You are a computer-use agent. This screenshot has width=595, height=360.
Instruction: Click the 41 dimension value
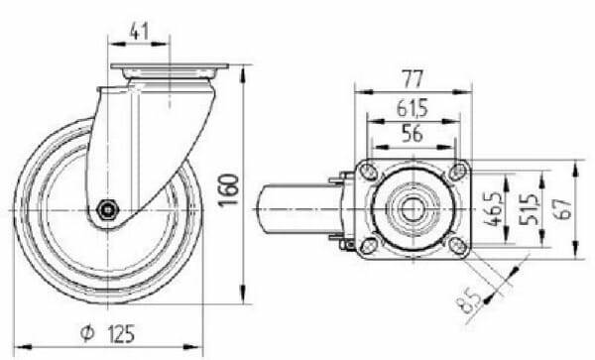pos(139,31)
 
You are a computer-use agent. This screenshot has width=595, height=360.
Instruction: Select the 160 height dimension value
pos(228,189)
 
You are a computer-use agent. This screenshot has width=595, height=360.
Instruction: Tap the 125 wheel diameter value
pos(121,334)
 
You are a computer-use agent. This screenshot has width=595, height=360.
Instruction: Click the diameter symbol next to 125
pos(87,333)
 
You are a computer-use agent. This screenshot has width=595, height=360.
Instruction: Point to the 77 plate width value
pos(413,79)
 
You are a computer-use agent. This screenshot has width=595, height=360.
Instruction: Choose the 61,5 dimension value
pos(413,108)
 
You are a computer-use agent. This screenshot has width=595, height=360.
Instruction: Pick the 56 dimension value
pos(413,134)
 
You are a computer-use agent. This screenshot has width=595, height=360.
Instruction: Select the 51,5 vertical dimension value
pos(528,209)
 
